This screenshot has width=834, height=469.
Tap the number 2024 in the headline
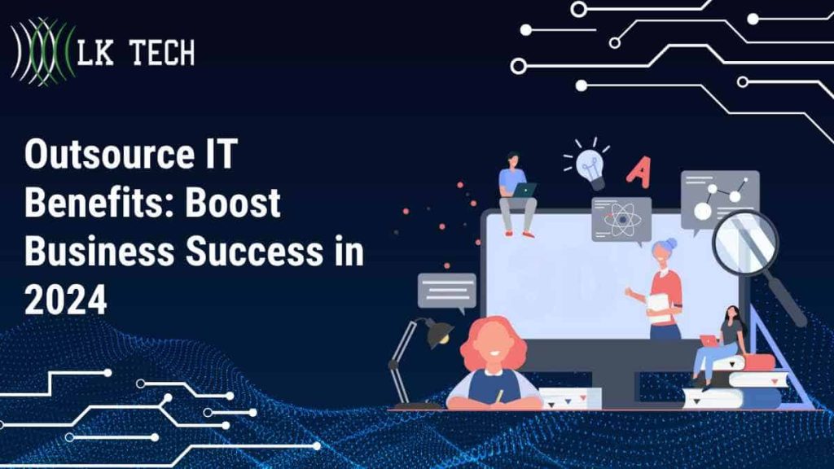click(66, 301)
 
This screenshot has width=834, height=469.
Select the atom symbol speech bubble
click(621, 218)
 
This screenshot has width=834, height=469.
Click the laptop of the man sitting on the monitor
click(524, 190)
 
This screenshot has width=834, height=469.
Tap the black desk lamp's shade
click(439, 331)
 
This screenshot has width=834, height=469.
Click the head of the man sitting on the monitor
click(513, 159)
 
